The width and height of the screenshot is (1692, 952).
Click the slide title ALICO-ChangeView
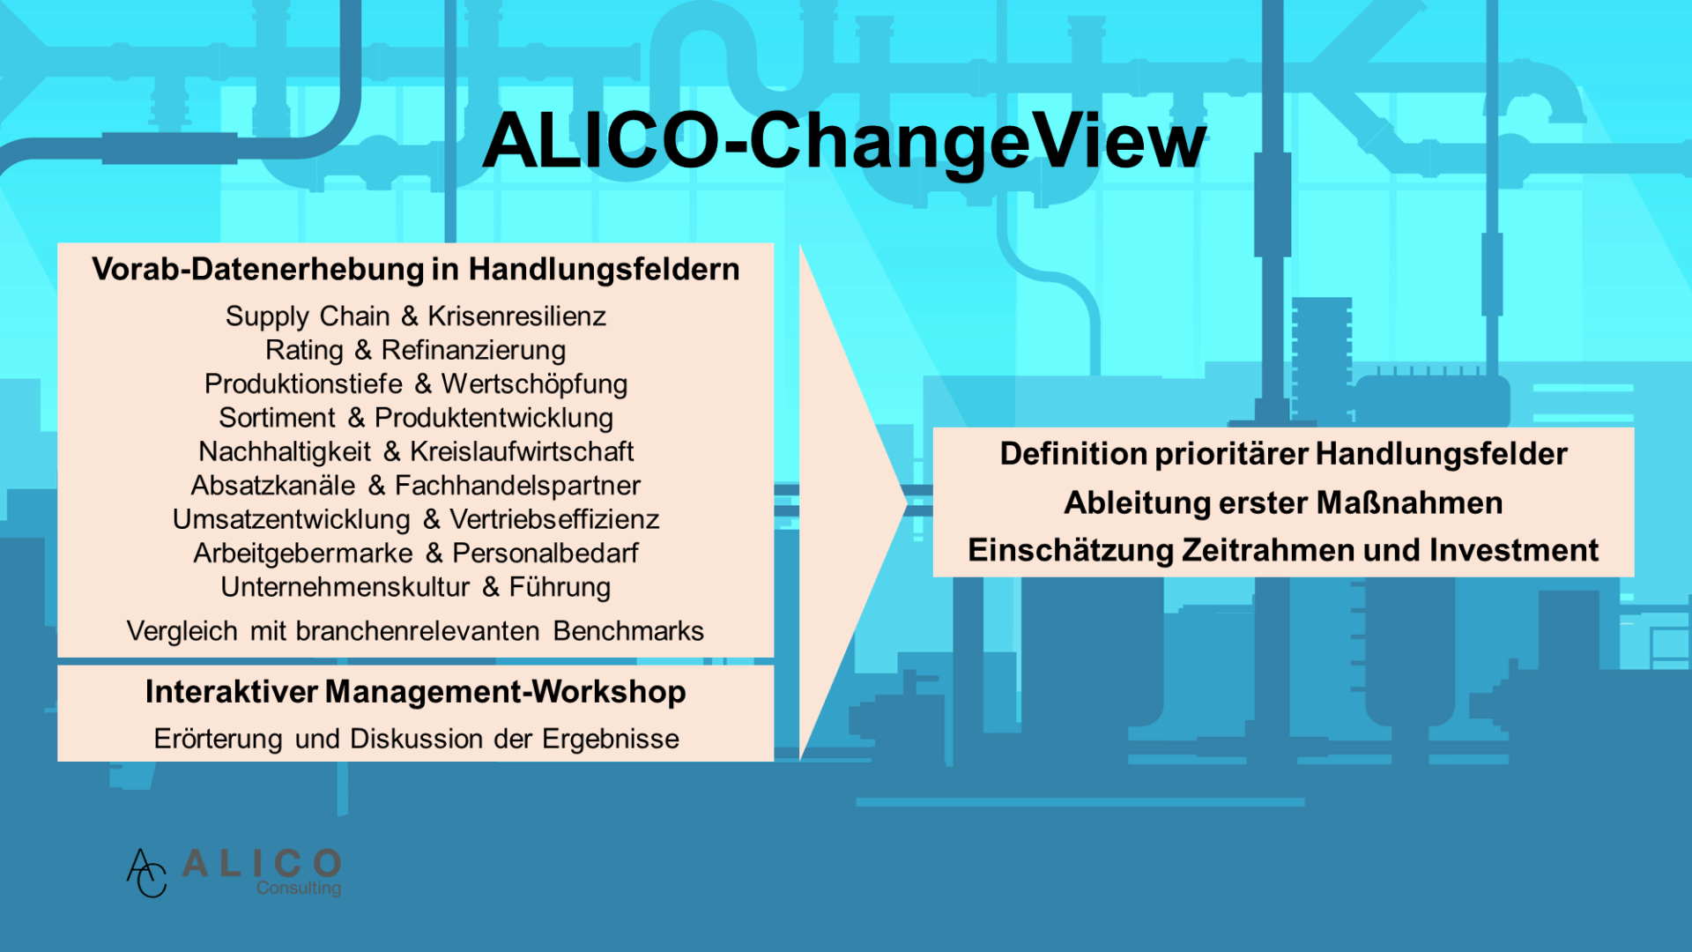pyautogui.click(x=844, y=141)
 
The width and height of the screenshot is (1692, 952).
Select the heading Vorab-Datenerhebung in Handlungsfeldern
pyautogui.click(x=416, y=269)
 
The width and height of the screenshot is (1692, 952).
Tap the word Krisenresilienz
pyautogui.click(x=517, y=316)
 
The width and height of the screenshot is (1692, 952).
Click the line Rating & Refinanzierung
pyautogui.click(x=416, y=350)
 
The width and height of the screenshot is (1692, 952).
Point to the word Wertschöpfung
pyautogui.click(x=534, y=384)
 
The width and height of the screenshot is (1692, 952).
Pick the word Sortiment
pyautogui.click(x=278, y=417)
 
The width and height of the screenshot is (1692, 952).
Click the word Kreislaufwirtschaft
pyautogui.click(x=522, y=451)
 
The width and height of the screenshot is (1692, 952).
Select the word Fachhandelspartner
pyautogui.click(x=517, y=486)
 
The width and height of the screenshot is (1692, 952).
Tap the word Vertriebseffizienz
pyautogui.click(x=554, y=519)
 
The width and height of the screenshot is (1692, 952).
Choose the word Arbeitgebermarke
pyautogui.click(x=303, y=554)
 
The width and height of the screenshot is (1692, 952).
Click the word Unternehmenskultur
pyautogui.click(x=345, y=587)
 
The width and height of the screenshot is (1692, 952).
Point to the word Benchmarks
pyautogui.click(x=628, y=631)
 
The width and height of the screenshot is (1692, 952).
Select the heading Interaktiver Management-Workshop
pyautogui.click(x=416, y=692)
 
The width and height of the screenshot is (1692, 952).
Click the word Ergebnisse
pyautogui.click(x=611, y=739)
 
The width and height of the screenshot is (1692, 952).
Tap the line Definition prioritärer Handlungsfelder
pyautogui.click(x=1283, y=454)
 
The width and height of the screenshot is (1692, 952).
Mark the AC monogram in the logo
pyautogui.click(x=146, y=873)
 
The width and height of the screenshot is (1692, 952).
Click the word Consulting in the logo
pyautogui.click(x=299, y=889)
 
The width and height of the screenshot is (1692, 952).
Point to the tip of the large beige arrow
pyautogui.click(x=907, y=503)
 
